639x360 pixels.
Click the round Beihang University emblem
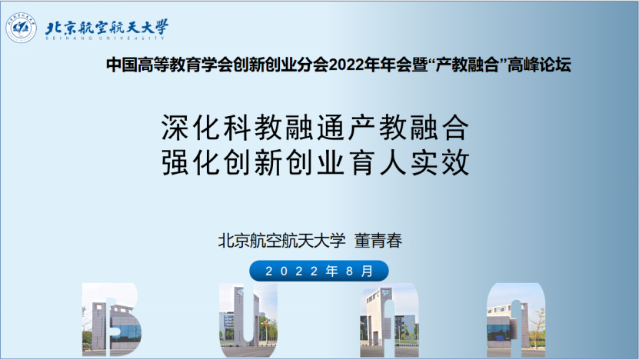click(22, 28)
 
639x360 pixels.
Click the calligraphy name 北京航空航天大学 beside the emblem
click(107, 27)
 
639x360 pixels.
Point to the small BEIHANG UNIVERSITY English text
click(105, 38)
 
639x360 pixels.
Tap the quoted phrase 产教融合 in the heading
click(467, 65)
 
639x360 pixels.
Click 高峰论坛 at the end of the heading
click(539, 65)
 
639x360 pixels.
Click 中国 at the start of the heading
click(121, 65)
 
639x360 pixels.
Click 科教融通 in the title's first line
click(285, 128)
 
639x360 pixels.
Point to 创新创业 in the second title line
click(285, 162)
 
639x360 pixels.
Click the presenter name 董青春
click(378, 241)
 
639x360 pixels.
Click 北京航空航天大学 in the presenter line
click(281, 241)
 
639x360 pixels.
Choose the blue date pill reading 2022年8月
click(319, 271)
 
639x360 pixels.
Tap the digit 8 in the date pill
click(349, 271)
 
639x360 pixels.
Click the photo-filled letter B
click(111, 320)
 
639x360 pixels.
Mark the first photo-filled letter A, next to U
click(389, 320)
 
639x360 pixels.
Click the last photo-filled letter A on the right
click(516, 320)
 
